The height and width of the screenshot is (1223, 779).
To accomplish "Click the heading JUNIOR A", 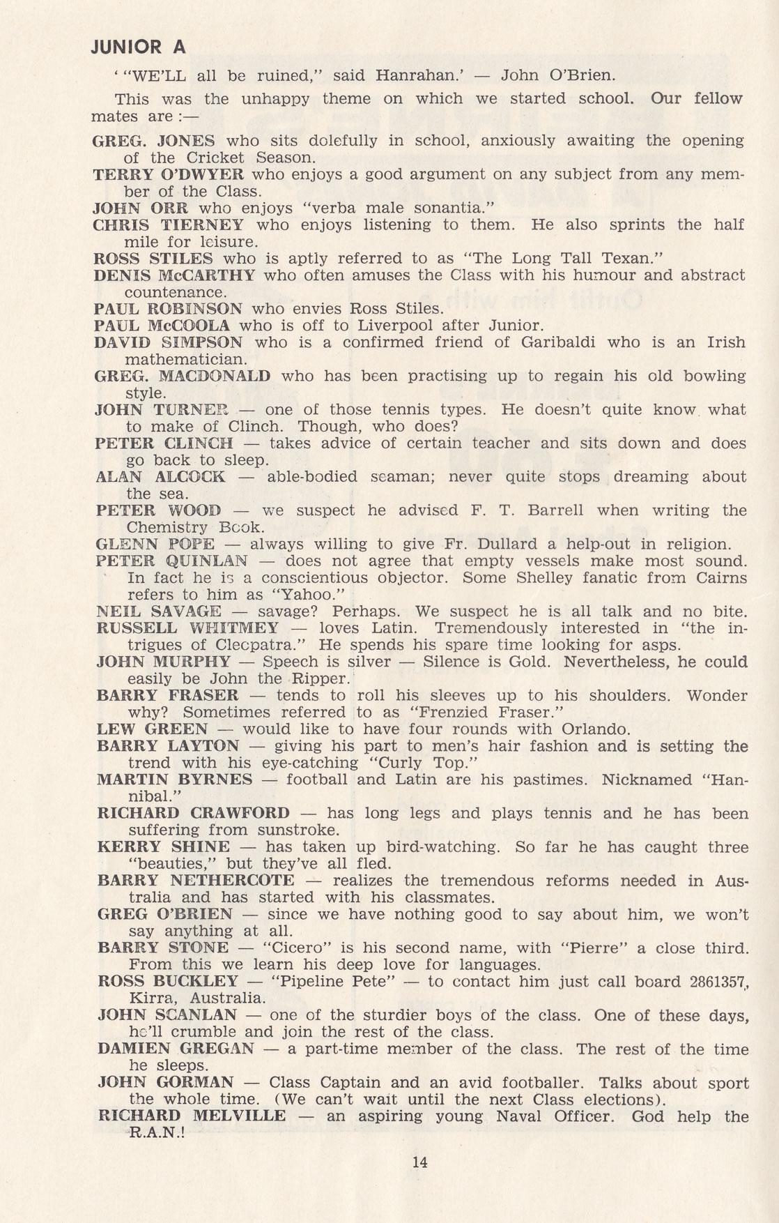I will pyautogui.click(x=139, y=47).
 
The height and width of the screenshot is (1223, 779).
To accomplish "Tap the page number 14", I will pyautogui.click(x=419, y=1162).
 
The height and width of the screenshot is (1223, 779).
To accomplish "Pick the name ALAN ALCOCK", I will pyautogui.click(x=161, y=477).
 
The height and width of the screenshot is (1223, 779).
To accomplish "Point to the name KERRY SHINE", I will pyautogui.click(x=163, y=847).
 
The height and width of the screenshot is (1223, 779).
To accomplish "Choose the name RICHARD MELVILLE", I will pyautogui.click(x=192, y=1116).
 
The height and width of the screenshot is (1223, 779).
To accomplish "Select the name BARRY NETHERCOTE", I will pyautogui.click(x=196, y=881).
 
